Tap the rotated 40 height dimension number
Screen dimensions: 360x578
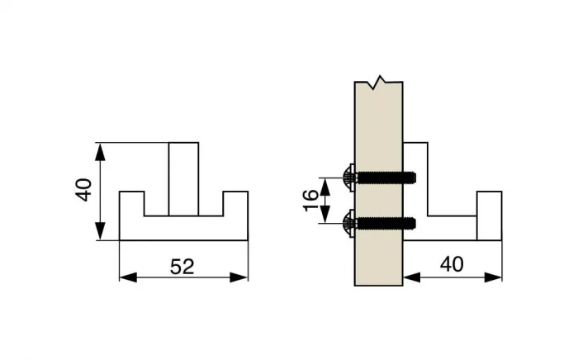pyautogui.click(x=82, y=192)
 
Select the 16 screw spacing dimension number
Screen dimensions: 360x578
pyautogui.click(x=310, y=198)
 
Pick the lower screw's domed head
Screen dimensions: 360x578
pyautogui.click(x=348, y=221)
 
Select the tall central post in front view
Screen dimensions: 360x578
pyautogui.click(x=183, y=178)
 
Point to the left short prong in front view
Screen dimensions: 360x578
pyautogui.click(x=132, y=203)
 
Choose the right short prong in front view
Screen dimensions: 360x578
pyautogui.click(x=236, y=203)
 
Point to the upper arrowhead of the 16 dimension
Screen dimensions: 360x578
pyautogui.click(x=329, y=181)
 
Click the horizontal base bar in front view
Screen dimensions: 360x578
pyautogui.click(x=183, y=229)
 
